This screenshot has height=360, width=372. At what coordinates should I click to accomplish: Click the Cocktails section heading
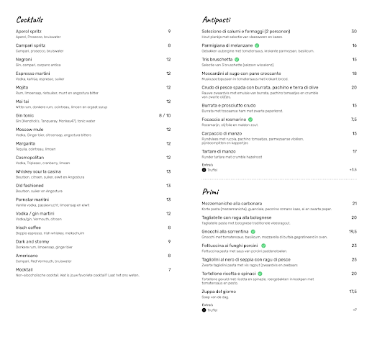[x=31, y=19]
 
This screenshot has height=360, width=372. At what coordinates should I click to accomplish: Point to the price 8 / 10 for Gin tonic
[x=165, y=114]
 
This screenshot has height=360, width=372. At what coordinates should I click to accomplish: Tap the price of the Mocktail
[x=169, y=269]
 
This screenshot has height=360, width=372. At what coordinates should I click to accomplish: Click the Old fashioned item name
[x=30, y=186]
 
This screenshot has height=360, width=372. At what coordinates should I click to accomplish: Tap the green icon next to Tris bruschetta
[x=242, y=58]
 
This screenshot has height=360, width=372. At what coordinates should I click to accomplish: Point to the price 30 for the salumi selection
[x=354, y=32]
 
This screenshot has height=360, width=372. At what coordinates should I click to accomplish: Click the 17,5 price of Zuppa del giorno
[x=353, y=291]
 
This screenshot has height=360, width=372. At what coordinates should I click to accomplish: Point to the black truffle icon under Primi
[x=204, y=309]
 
